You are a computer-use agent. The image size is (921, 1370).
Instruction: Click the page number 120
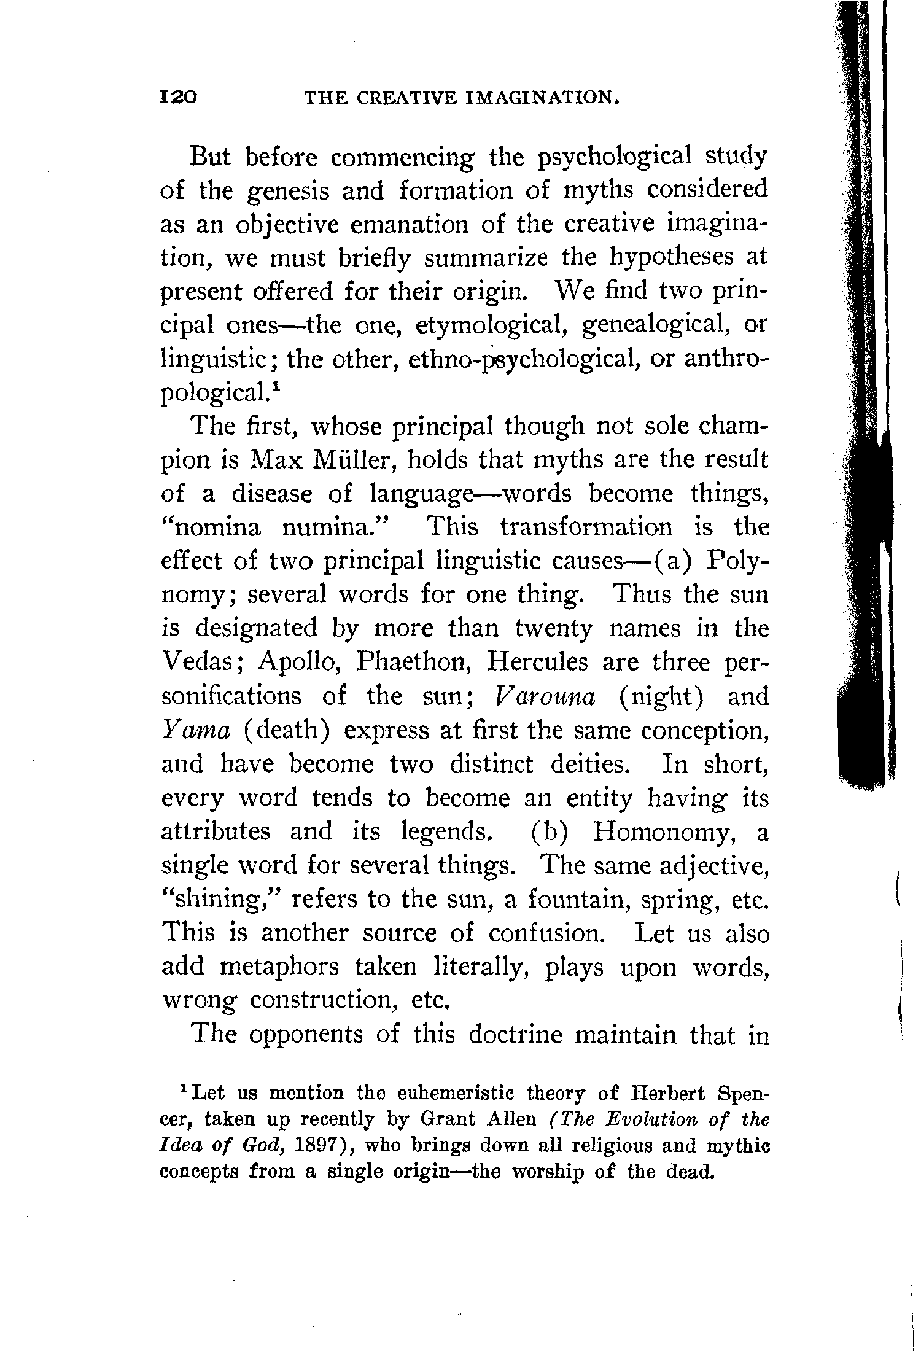(178, 97)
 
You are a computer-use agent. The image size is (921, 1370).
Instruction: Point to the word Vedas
(203, 662)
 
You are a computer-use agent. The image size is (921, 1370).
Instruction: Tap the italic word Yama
(196, 730)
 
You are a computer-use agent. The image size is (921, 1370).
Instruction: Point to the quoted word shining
(219, 900)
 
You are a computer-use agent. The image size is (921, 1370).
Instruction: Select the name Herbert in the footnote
(668, 1094)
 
